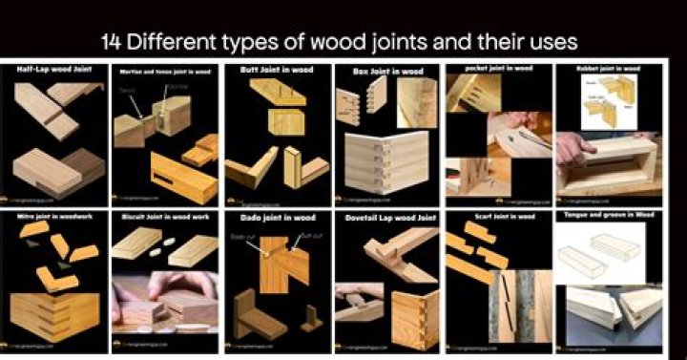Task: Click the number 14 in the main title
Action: click(x=113, y=44)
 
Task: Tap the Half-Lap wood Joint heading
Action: click(x=52, y=70)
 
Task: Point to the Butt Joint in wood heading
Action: click(x=277, y=70)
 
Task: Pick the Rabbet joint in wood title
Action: click(x=609, y=69)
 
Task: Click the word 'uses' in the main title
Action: click(x=552, y=44)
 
